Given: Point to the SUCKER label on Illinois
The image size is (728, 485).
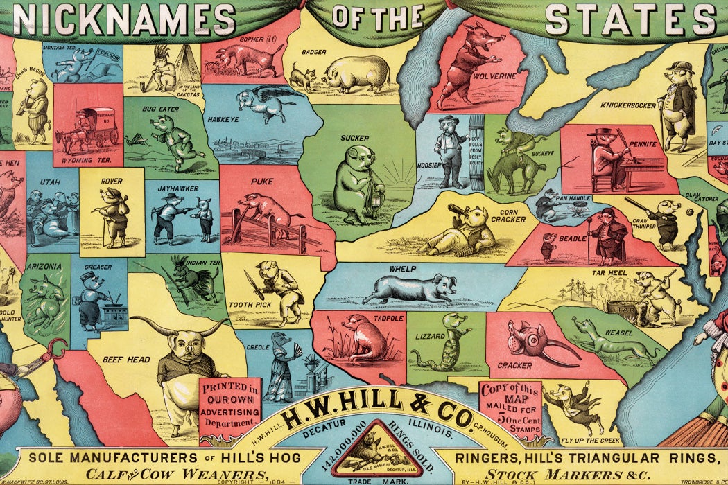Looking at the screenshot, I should (x=354, y=138).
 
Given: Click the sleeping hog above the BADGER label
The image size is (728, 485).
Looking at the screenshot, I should (x=356, y=73).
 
